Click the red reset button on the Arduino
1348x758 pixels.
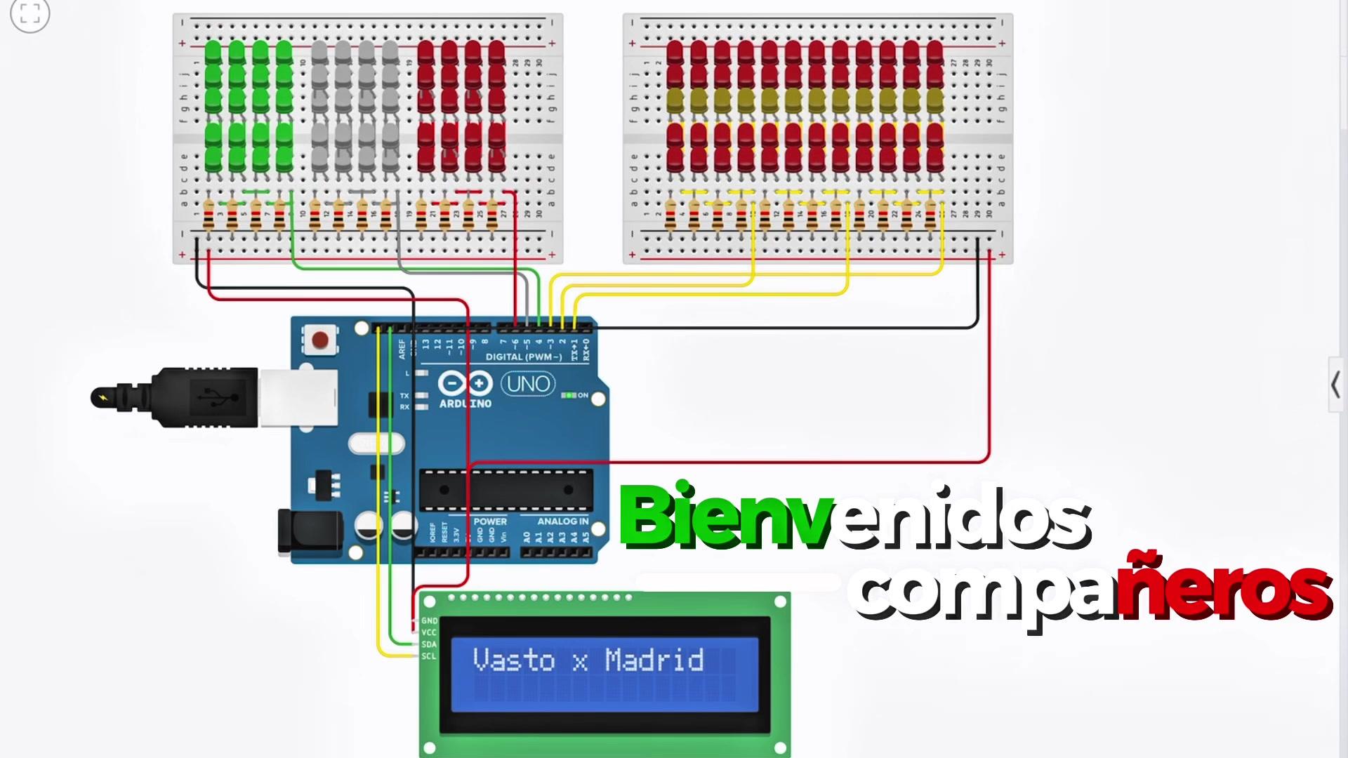pos(320,340)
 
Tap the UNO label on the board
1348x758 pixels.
pos(528,384)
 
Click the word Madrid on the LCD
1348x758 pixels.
pos(654,660)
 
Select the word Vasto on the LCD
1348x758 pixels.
pos(514,660)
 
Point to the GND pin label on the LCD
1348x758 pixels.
pos(429,621)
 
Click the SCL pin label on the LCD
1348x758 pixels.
pos(429,656)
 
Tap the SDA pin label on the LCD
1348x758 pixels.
pos(429,644)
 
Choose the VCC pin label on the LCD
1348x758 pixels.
pos(429,632)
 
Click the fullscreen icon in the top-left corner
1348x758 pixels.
pos(30,14)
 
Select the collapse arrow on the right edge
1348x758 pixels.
pos(1335,385)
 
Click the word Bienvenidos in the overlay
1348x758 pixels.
pos(854,517)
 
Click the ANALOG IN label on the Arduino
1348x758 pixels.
pos(562,521)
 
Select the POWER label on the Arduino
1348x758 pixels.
pos(490,521)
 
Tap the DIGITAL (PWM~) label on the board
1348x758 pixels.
pos(524,357)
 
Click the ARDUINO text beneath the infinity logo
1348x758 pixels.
pos(465,404)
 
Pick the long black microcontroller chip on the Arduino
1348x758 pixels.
pos(505,489)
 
